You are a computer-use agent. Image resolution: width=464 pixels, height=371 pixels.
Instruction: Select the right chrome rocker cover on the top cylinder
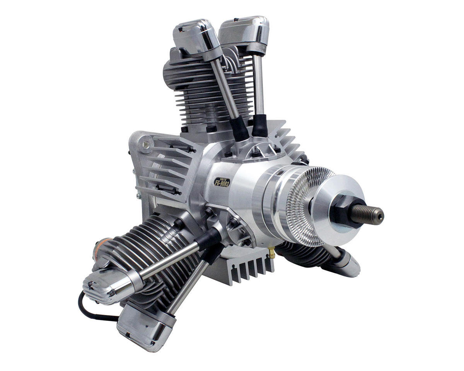(244, 32)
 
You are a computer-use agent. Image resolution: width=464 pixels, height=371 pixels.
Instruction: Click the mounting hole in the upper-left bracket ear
(145, 145)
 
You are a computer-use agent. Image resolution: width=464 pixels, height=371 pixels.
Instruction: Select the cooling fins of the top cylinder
(193, 89)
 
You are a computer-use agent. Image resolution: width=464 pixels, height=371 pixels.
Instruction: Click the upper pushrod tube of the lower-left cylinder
(170, 263)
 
